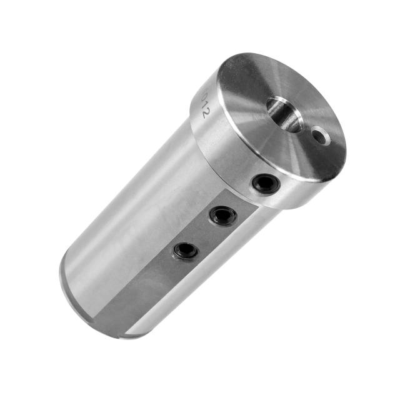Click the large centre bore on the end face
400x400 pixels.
285,113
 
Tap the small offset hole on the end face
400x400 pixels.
321,135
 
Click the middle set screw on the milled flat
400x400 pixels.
222,216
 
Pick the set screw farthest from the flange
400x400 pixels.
186,251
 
